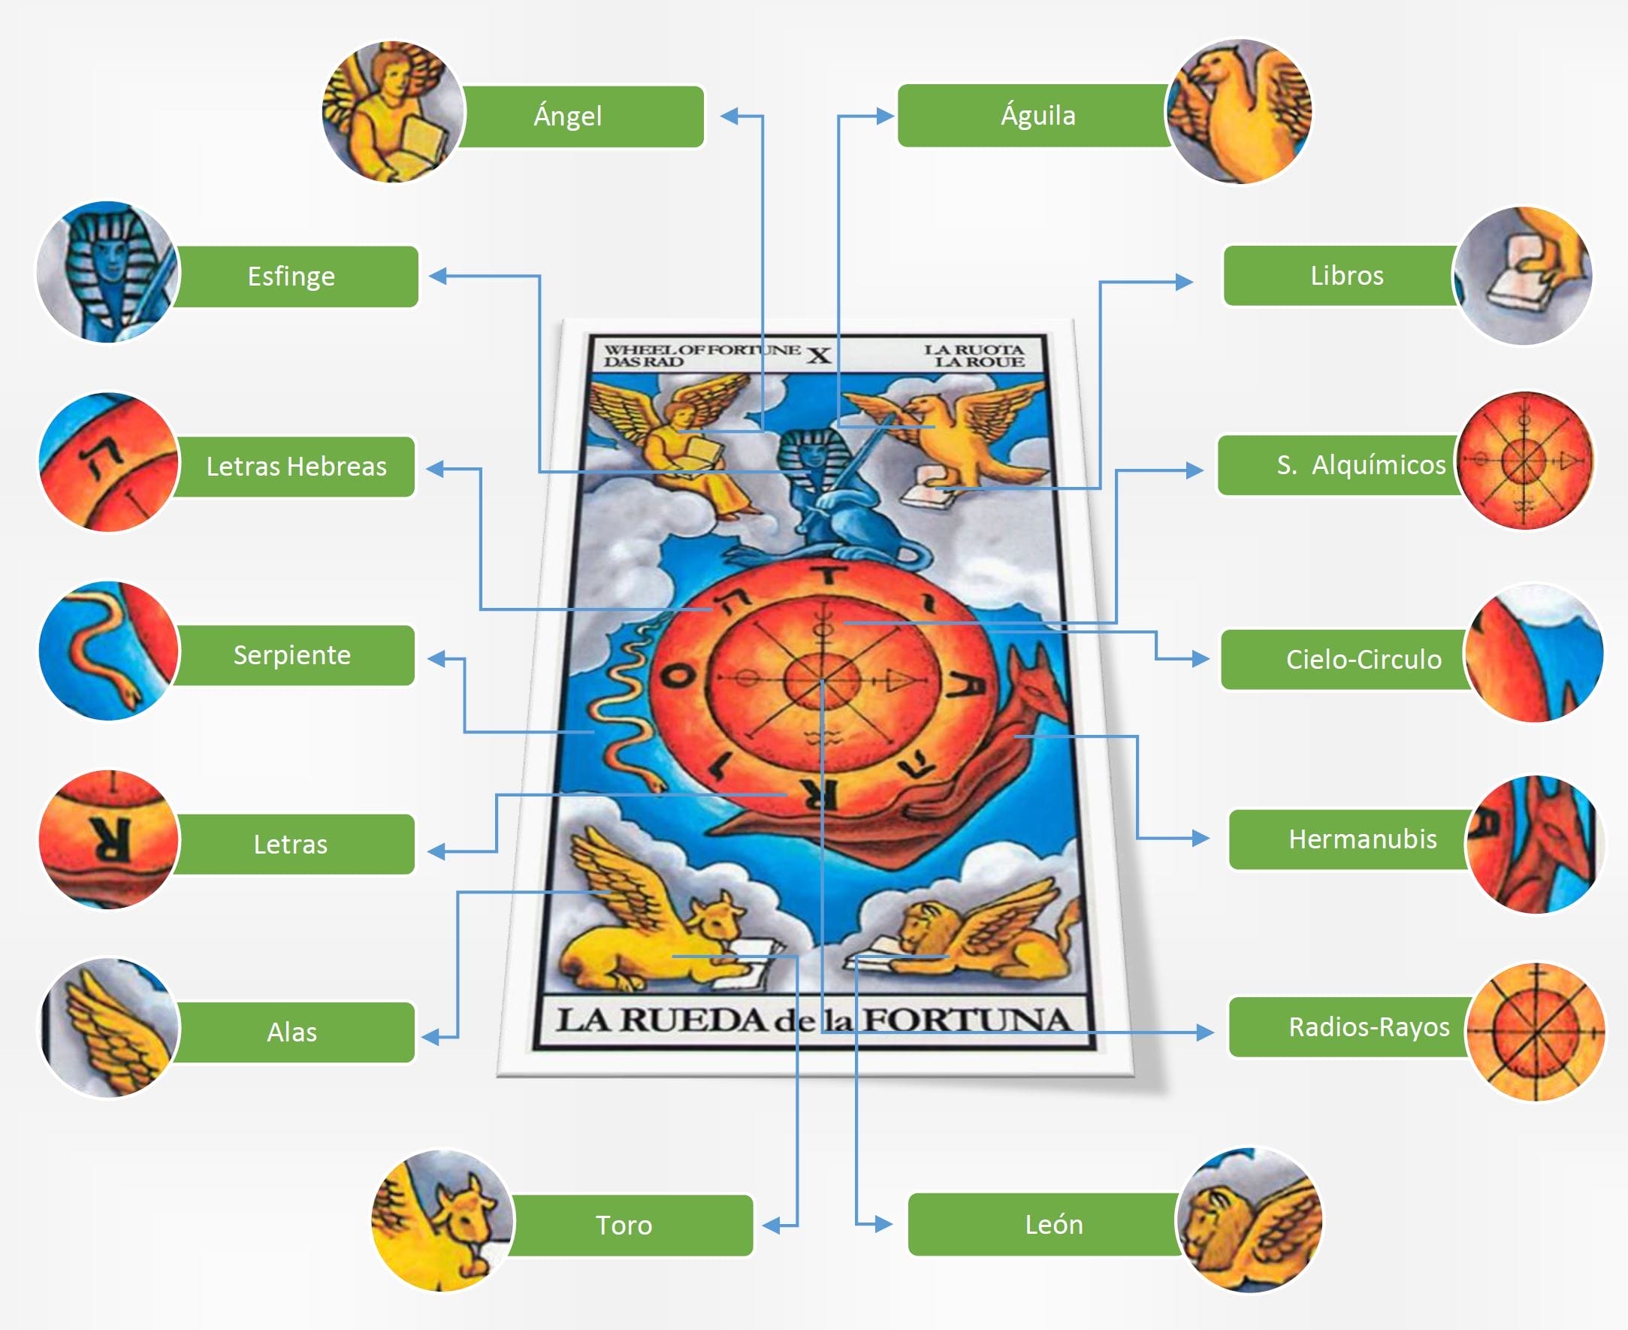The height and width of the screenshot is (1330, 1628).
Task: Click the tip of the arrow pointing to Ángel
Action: pos(722,116)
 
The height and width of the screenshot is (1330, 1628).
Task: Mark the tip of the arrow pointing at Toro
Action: pos(763,1226)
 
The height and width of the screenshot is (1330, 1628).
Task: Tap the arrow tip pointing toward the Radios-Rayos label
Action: pos(1213,1032)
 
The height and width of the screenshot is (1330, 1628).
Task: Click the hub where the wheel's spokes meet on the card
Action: pos(822,679)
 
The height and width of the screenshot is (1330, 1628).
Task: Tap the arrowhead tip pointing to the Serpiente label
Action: pos(427,659)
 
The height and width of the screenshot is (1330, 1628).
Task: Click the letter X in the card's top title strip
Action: pos(819,355)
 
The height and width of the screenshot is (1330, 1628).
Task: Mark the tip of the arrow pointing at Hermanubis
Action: pos(1210,839)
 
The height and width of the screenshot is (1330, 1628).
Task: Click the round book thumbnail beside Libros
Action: pos(1522,277)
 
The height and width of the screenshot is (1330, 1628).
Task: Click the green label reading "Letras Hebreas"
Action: pos(296,467)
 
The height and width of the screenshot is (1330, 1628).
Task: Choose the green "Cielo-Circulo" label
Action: pos(1349,660)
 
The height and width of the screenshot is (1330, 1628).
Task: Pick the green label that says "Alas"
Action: pos(293,1032)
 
